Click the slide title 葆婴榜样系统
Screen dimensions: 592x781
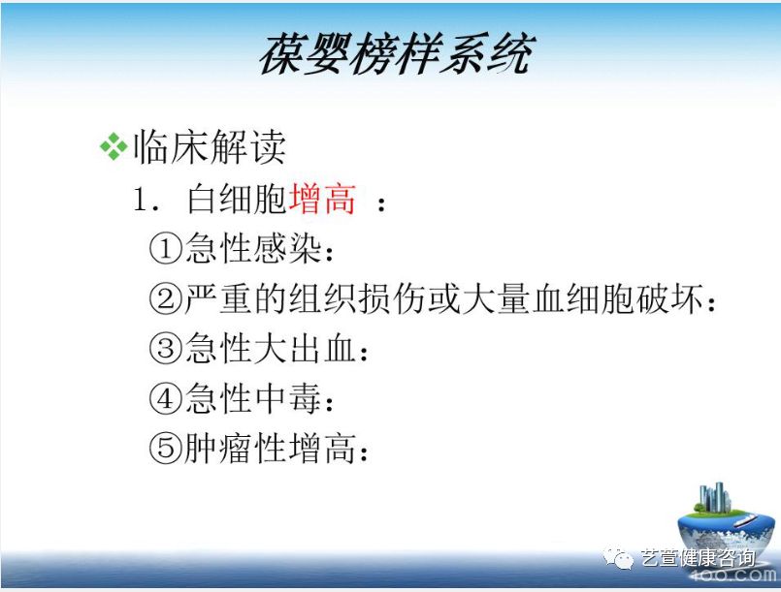pyautogui.click(x=395, y=54)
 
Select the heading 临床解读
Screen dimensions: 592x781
pyautogui.click(x=209, y=147)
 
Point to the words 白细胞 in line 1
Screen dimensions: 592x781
pyautogui.click(x=237, y=201)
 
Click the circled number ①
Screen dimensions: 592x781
pyautogui.click(x=166, y=250)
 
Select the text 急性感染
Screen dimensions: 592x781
pyautogui.click(x=252, y=250)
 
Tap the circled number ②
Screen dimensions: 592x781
pyautogui.click(x=166, y=300)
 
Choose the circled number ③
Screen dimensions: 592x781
pyautogui.click(x=166, y=350)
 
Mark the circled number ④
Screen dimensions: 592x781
pyautogui.click(x=166, y=399)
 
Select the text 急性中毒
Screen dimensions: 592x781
pyautogui.click(x=252, y=399)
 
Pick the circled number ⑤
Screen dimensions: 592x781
pyautogui.click(x=166, y=449)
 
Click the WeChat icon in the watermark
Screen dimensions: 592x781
pyautogui.click(x=617, y=557)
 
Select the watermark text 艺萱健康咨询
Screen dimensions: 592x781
pyautogui.click(x=697, y=558)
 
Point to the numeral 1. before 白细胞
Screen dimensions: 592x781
pyautogui.click(x=146, y=202)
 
